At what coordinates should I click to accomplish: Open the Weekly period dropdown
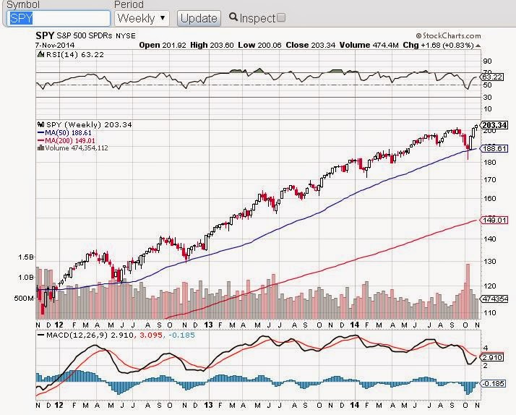[x=142, y=17]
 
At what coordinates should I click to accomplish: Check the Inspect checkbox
[x=281, y=17]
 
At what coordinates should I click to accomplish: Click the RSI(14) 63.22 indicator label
[x=64, y=53]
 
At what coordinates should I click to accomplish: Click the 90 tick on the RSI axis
[x=487, y=61]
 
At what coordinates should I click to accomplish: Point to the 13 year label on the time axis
[x=209, y=325]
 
